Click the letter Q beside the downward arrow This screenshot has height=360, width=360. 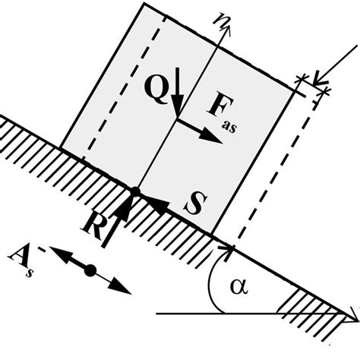pos(156,90)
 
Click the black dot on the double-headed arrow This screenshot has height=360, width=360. pos(90,270)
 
